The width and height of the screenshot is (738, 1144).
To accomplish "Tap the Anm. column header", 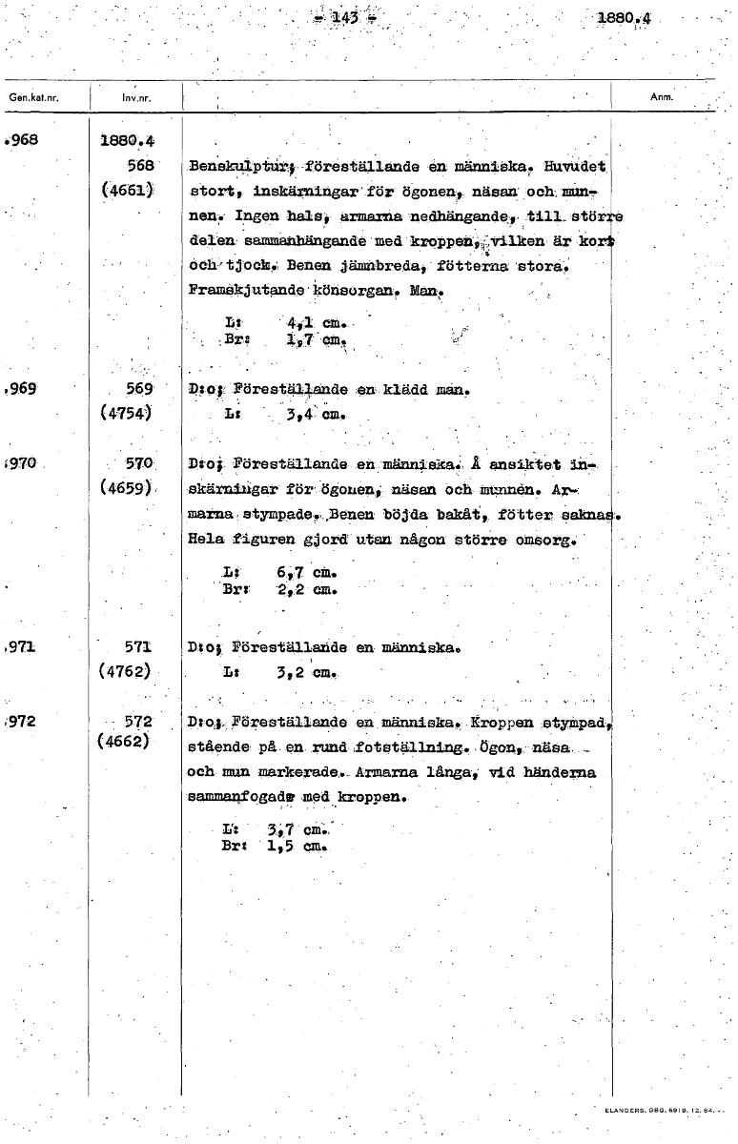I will pyautogui.click(x=662, y=97).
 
